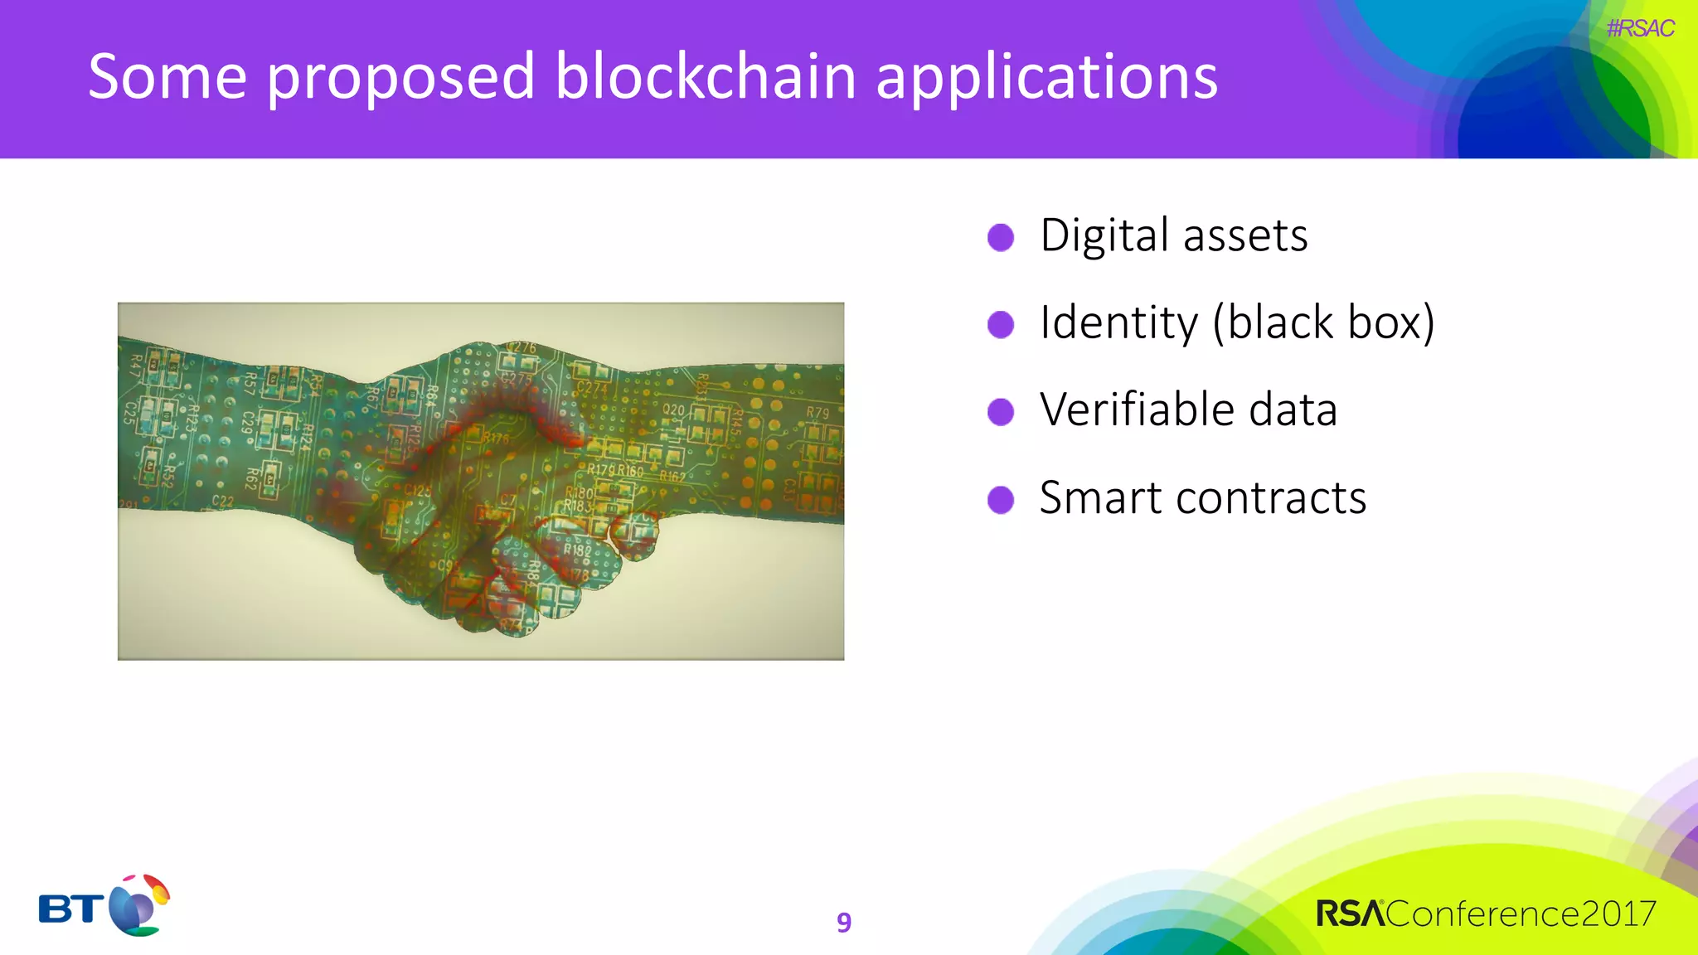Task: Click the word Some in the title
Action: (167, 76)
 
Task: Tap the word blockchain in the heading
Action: (705, 76)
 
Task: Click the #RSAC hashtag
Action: (1640, 28)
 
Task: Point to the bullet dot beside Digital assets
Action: (1001, 237)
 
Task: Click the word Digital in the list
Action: (1104, 235)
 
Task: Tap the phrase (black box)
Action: (1323, 322)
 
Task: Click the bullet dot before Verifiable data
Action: (1001, 411)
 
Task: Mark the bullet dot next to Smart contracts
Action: (1001, 500)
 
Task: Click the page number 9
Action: (844, 922)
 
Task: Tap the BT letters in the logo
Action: (71, 909)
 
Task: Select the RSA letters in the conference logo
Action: (1350, 914)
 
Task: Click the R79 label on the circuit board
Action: (817, 412)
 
